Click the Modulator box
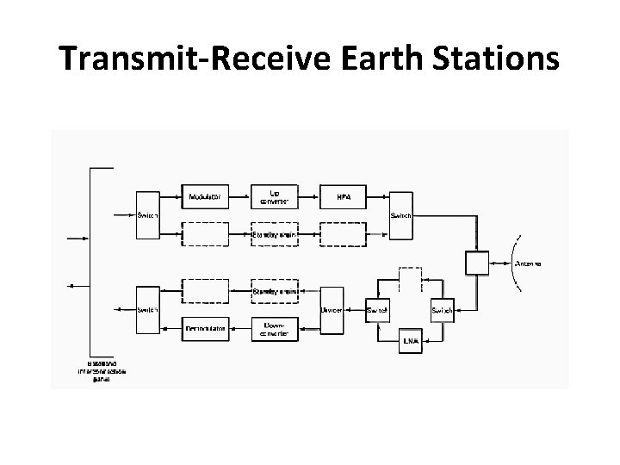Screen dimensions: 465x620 tap(205, 197)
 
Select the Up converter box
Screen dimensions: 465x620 tap(274, 197)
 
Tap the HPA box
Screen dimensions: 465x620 tap(343, 197)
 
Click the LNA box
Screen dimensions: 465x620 tap(412, 341)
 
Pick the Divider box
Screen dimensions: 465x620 tap(332, 309)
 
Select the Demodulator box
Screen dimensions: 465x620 tap(205, 327)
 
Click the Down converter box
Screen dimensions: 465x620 tap(274, 327)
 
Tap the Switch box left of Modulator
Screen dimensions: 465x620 tap(147, 215)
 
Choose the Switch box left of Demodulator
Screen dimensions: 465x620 tap(147, 309)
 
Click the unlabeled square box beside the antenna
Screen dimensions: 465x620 tap(476, 262)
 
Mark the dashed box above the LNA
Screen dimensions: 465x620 tap(410, 279)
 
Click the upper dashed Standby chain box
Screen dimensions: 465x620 tap(274, 233)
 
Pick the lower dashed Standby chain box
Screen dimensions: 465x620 tap(274, 290)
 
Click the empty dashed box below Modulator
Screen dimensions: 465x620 tap(205, 233)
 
